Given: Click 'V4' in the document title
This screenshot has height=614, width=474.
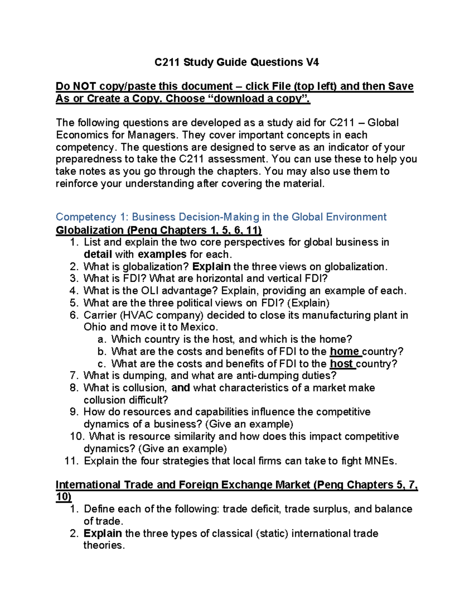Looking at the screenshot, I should pyautogui.click(x=312, y=62).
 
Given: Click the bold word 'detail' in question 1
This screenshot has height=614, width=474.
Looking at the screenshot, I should pyautogui.click(x=98, y=254).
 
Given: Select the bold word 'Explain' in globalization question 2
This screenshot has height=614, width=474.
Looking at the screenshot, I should pyautogui.click(x=211, y=266).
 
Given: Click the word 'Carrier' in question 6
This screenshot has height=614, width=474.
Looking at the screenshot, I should pyautogui.click(x=100, y=315).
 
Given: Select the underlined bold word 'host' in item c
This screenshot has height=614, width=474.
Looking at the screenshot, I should pyautogui.click(x=341, y=364).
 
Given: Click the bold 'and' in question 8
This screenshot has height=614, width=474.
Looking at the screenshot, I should pyautogui.click(x=181, y=388).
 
